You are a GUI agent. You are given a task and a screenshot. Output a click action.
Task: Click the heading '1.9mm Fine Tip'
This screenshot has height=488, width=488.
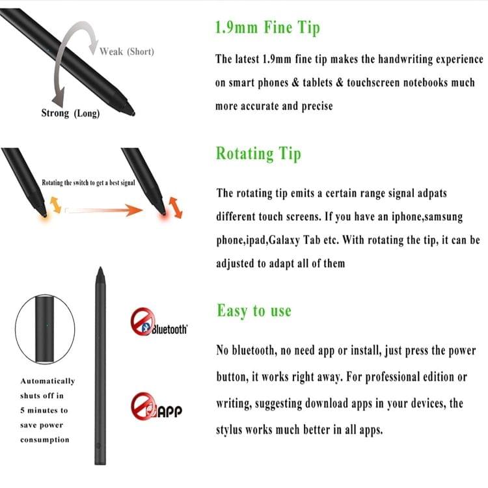point(267,28)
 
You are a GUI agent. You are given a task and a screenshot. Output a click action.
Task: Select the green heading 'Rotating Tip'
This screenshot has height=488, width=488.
point(258,154)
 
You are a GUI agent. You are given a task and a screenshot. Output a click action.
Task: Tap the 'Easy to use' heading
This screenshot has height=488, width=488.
point(254,311)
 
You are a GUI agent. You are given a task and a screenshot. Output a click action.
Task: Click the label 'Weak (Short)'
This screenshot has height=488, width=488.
point(127,51)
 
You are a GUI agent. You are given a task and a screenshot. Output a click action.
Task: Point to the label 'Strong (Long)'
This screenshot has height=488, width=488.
point(70,113)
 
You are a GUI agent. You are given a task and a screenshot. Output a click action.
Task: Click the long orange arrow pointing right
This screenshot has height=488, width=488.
point(104,210)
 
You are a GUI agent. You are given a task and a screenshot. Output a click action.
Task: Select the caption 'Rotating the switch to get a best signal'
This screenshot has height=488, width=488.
point(88,183)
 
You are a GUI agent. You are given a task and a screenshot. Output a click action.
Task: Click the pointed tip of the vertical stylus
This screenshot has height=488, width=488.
point(100,270)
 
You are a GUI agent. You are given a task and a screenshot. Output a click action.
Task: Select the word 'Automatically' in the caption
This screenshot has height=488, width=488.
point(47,381)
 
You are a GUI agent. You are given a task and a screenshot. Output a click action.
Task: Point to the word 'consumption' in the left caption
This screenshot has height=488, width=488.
point(44,440)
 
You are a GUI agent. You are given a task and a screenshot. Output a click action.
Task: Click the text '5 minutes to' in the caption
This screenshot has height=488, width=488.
point(44,411)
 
